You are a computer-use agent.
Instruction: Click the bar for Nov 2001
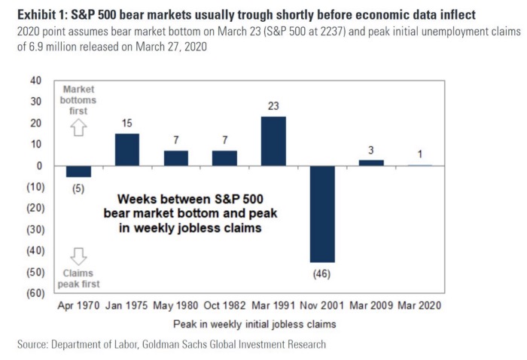pyautogui.click(x=322, y=214)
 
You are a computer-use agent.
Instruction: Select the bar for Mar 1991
pyautogui.click(x=273, y=141)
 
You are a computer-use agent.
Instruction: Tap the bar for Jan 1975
pyautogui.click(x=127, y=149)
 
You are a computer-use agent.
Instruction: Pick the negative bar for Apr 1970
pyautogui.click(x=79, y=171)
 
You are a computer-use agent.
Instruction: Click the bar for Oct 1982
pyautogui.click(x=224, y=157)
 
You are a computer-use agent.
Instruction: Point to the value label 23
pyautogui.click(x=273, y=106)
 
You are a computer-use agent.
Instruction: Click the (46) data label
pyautogui.click(x=322, y=273)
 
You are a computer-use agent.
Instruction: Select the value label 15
pyautogui.click(x=127, y=123)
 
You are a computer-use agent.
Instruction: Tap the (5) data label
pyautogui.click(x=79, y=188)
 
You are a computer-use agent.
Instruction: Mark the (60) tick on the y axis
pyautogui.click(x=33, y=293)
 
